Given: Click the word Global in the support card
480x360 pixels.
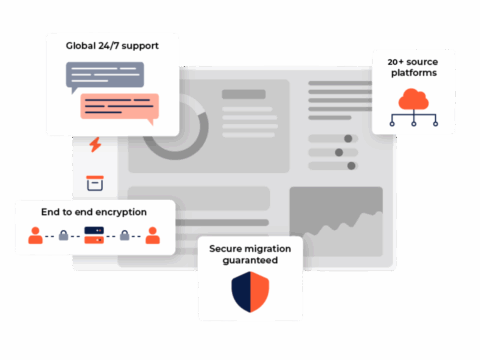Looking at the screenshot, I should (x=82, y=45).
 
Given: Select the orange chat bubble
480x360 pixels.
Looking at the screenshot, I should (x=120, y=106).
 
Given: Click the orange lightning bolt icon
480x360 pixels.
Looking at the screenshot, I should (x=95, y=145).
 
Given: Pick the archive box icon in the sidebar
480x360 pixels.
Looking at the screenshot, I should (x=95, y=183).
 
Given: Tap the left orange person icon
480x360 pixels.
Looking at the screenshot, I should (x=35, y=236).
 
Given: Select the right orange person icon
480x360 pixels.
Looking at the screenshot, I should (x=152, y=236).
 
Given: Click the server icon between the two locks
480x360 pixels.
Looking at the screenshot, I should (x=93, y=236).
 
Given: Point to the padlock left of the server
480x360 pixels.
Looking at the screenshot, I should (x=63, y=236).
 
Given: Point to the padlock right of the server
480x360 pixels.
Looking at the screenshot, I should (x=124, y=236).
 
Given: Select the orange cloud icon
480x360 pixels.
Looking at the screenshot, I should (x=413, y=98).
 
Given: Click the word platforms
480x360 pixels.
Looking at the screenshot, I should (x=412, y=73).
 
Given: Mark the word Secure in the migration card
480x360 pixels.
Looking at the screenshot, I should (x=226, y=248).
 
